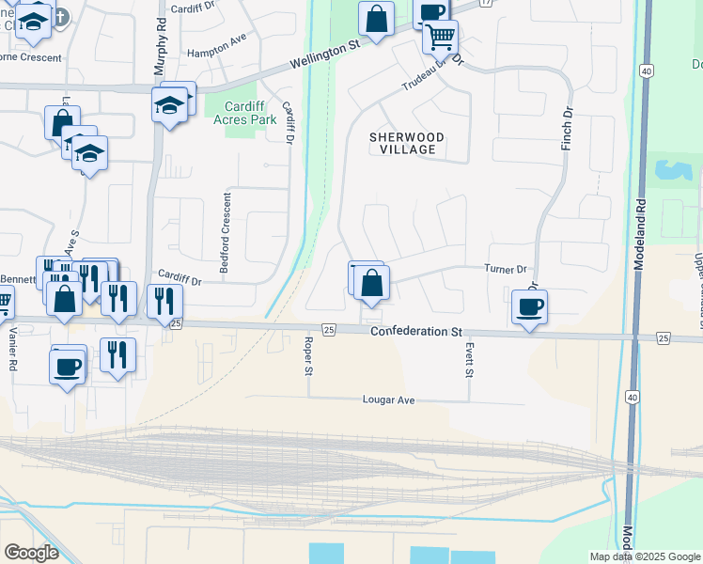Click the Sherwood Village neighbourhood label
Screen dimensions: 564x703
pyautogui.click(x=407, y=143)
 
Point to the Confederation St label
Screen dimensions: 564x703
pyautogui.click(x=416, y=332)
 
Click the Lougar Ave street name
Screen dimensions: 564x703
pyautogui.click(x=388, y=399)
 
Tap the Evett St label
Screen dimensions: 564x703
pyautogui.click(x=468, y=360)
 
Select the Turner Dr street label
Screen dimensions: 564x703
pyautogui.click(x=505, y=269)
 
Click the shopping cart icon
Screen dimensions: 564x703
pyautogui.click(x=440, y=38)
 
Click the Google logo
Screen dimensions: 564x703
pyautogui.click(x=31, y=553)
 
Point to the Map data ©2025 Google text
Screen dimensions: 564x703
pyautogui.click(x=644, y=556)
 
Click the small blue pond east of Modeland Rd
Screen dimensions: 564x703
pyautogui.click(x=672, y=171)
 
